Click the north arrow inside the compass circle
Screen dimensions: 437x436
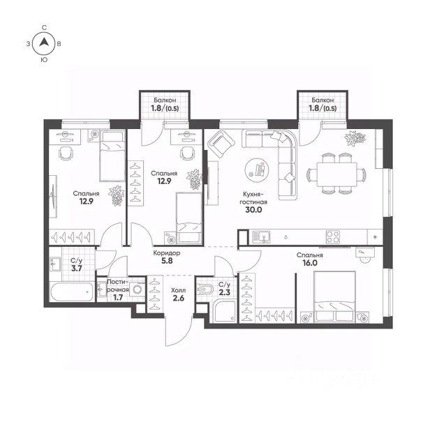44,42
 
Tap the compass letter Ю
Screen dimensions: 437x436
44,60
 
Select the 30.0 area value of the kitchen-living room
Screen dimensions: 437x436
253,210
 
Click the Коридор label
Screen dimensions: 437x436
167,253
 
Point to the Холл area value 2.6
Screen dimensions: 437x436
179,298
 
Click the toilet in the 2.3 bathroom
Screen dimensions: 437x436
205,290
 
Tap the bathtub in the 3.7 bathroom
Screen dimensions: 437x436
72,292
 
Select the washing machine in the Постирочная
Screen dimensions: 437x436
138,290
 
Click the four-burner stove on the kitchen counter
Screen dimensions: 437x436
333,237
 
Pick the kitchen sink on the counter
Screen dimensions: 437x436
261,237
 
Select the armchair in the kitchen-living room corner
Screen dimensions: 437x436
221,144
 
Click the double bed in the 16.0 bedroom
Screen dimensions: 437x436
334,296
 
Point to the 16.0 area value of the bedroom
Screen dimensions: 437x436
310,263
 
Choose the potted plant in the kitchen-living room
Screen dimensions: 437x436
355,138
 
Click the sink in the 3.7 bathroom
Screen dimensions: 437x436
55,263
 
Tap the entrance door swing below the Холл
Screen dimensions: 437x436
179,331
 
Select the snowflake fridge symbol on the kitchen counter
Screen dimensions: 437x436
375,237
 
